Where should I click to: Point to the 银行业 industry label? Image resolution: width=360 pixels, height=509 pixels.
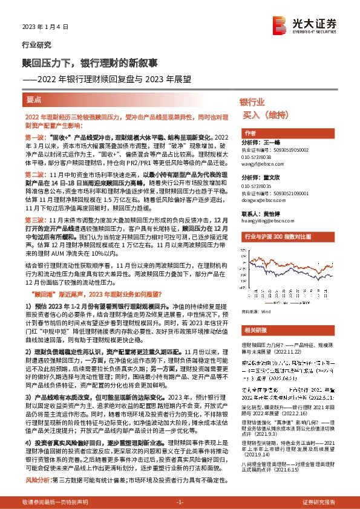point(252,102)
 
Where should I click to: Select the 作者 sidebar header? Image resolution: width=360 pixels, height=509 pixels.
point(250,132)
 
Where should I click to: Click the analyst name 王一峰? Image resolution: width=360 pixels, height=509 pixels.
point(274,143)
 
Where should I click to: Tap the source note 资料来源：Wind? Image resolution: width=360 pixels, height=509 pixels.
point(257,311)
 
